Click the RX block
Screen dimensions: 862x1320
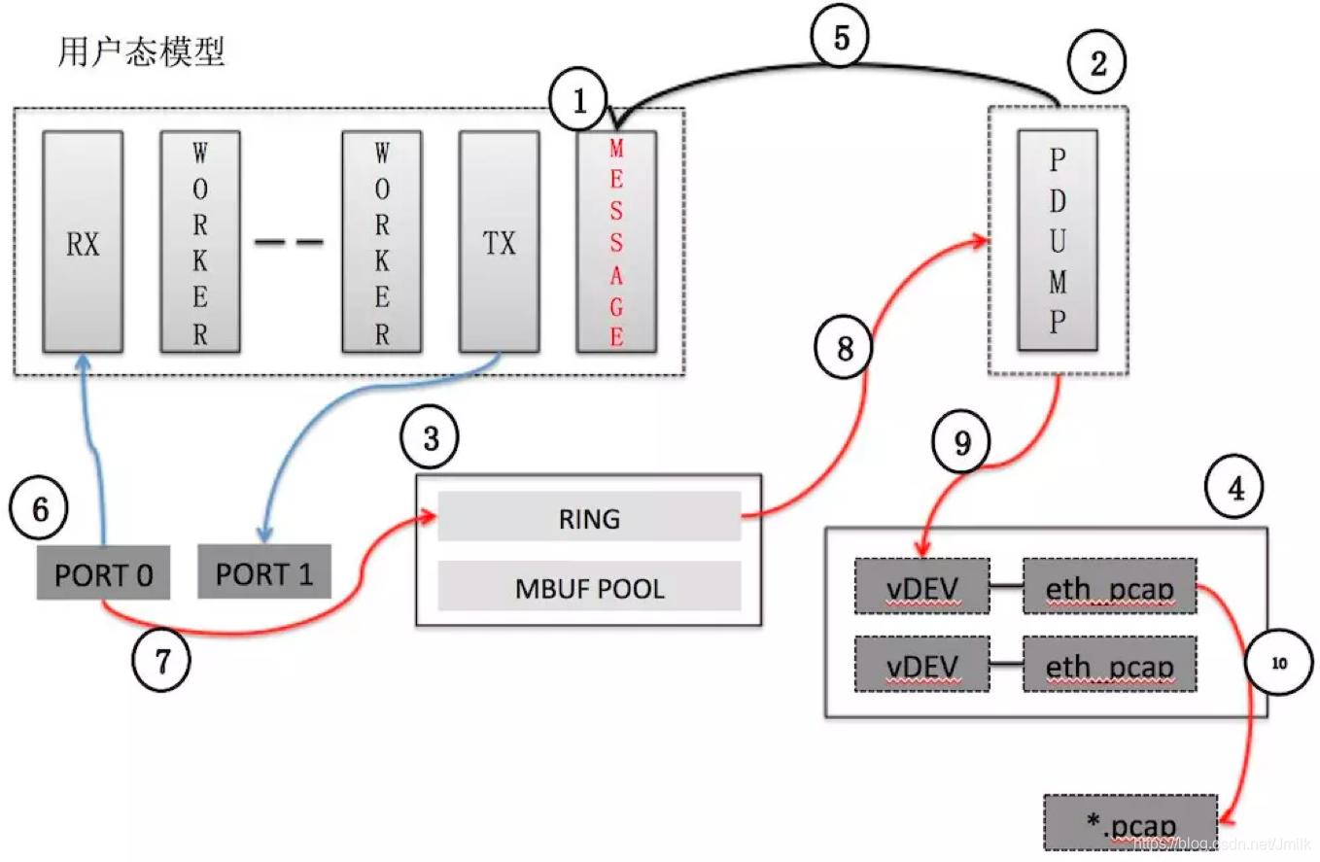point(83,242)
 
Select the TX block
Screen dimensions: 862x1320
point(499,242)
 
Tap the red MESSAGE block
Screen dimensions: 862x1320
point(616,242)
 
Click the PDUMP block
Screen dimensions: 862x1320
point(1058,239)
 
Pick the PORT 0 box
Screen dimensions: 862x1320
point(103,574)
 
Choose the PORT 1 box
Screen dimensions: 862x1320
point(264,573)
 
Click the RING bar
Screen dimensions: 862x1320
point(589,517)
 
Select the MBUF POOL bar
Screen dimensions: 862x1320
point(589,587)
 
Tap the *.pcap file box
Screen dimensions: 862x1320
point(1129,824)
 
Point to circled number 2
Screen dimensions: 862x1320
point(1097,63)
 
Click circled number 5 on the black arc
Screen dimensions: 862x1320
point(841,38)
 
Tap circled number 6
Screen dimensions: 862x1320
point(38,509)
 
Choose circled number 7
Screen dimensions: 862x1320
point(160,661)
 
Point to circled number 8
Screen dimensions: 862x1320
point(844,347)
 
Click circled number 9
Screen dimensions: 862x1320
point(961,443)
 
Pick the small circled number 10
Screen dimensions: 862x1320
point(1277,663)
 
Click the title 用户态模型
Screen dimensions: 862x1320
point(142,52)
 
